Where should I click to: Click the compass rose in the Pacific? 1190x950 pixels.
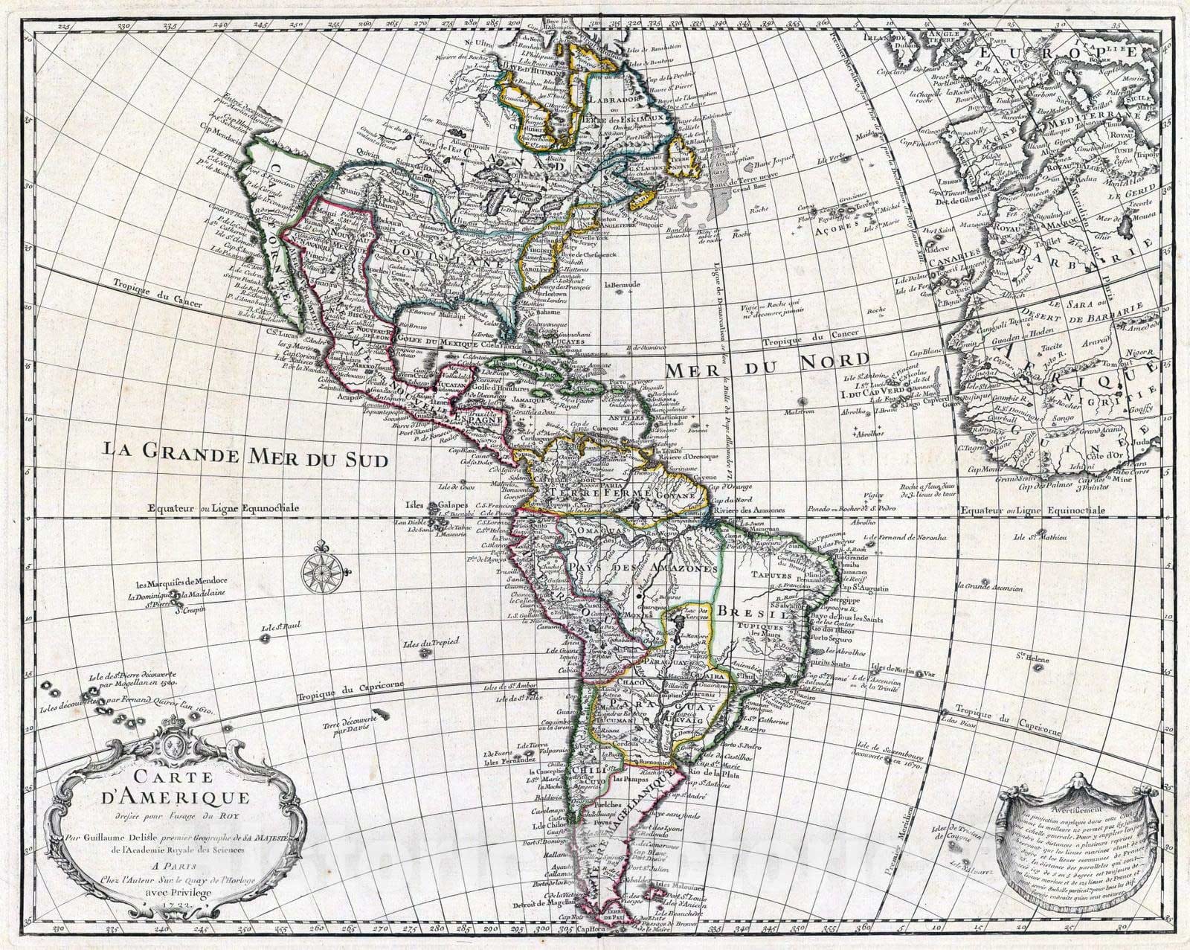click(x=321, y=571)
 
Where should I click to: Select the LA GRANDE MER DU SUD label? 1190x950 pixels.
click(x=245, y=452)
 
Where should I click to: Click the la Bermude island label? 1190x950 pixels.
click(x=622, y=285)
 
